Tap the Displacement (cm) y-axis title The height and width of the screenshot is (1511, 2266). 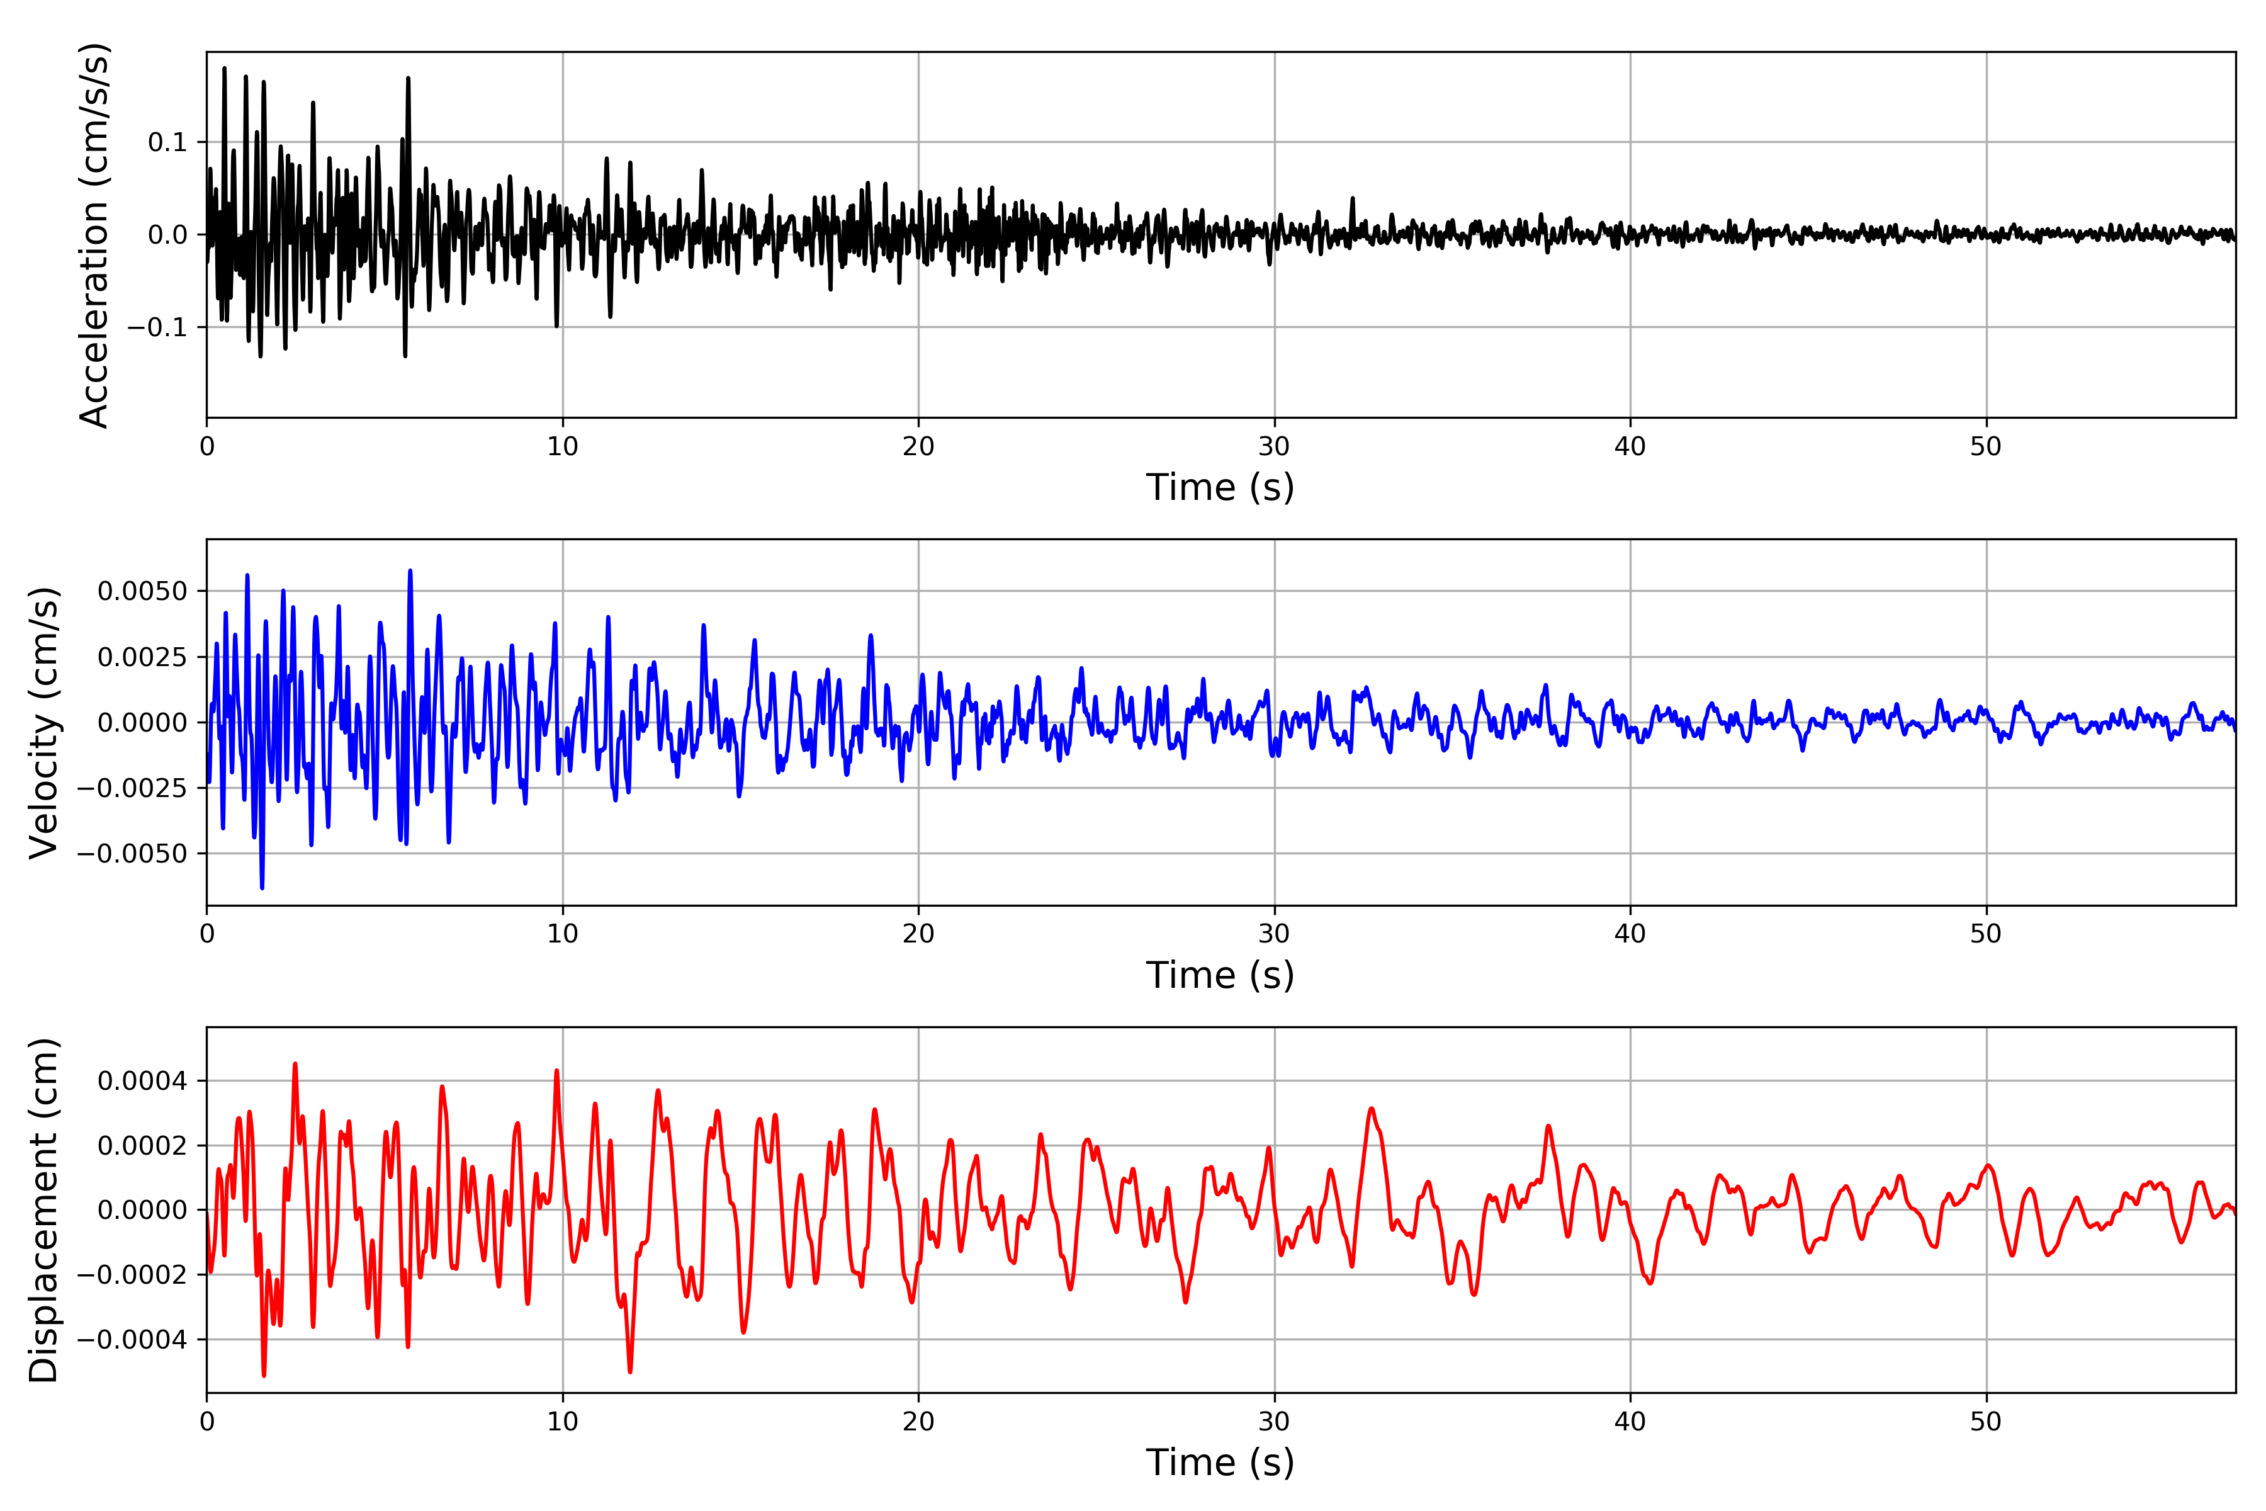coord(43,1209)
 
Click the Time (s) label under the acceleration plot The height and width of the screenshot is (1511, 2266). coord(1220,487)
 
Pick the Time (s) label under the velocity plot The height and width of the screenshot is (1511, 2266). coord(1220,975)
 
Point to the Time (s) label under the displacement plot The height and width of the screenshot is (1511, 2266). coord(1220,1463)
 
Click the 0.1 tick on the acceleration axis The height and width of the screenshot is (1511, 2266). coord(167,143)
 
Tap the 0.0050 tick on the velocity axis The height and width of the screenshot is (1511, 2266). coord(143,591)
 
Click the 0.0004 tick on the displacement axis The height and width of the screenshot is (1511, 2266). coord(143,1081)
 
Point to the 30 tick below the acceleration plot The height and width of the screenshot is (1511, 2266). coord(1273,447)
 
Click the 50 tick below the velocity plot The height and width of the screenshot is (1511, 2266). coord(1986,934)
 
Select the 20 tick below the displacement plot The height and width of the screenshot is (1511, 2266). coord(918,1422)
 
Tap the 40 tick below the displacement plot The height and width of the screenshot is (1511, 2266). coord(1630,1422)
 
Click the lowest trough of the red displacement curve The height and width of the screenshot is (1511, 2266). coord(264,1375)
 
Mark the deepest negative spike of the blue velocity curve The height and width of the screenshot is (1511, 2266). coord(262,888)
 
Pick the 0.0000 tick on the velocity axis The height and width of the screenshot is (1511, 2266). coord(143,723)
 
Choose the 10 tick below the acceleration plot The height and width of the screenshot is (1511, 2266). coord(563,447)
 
